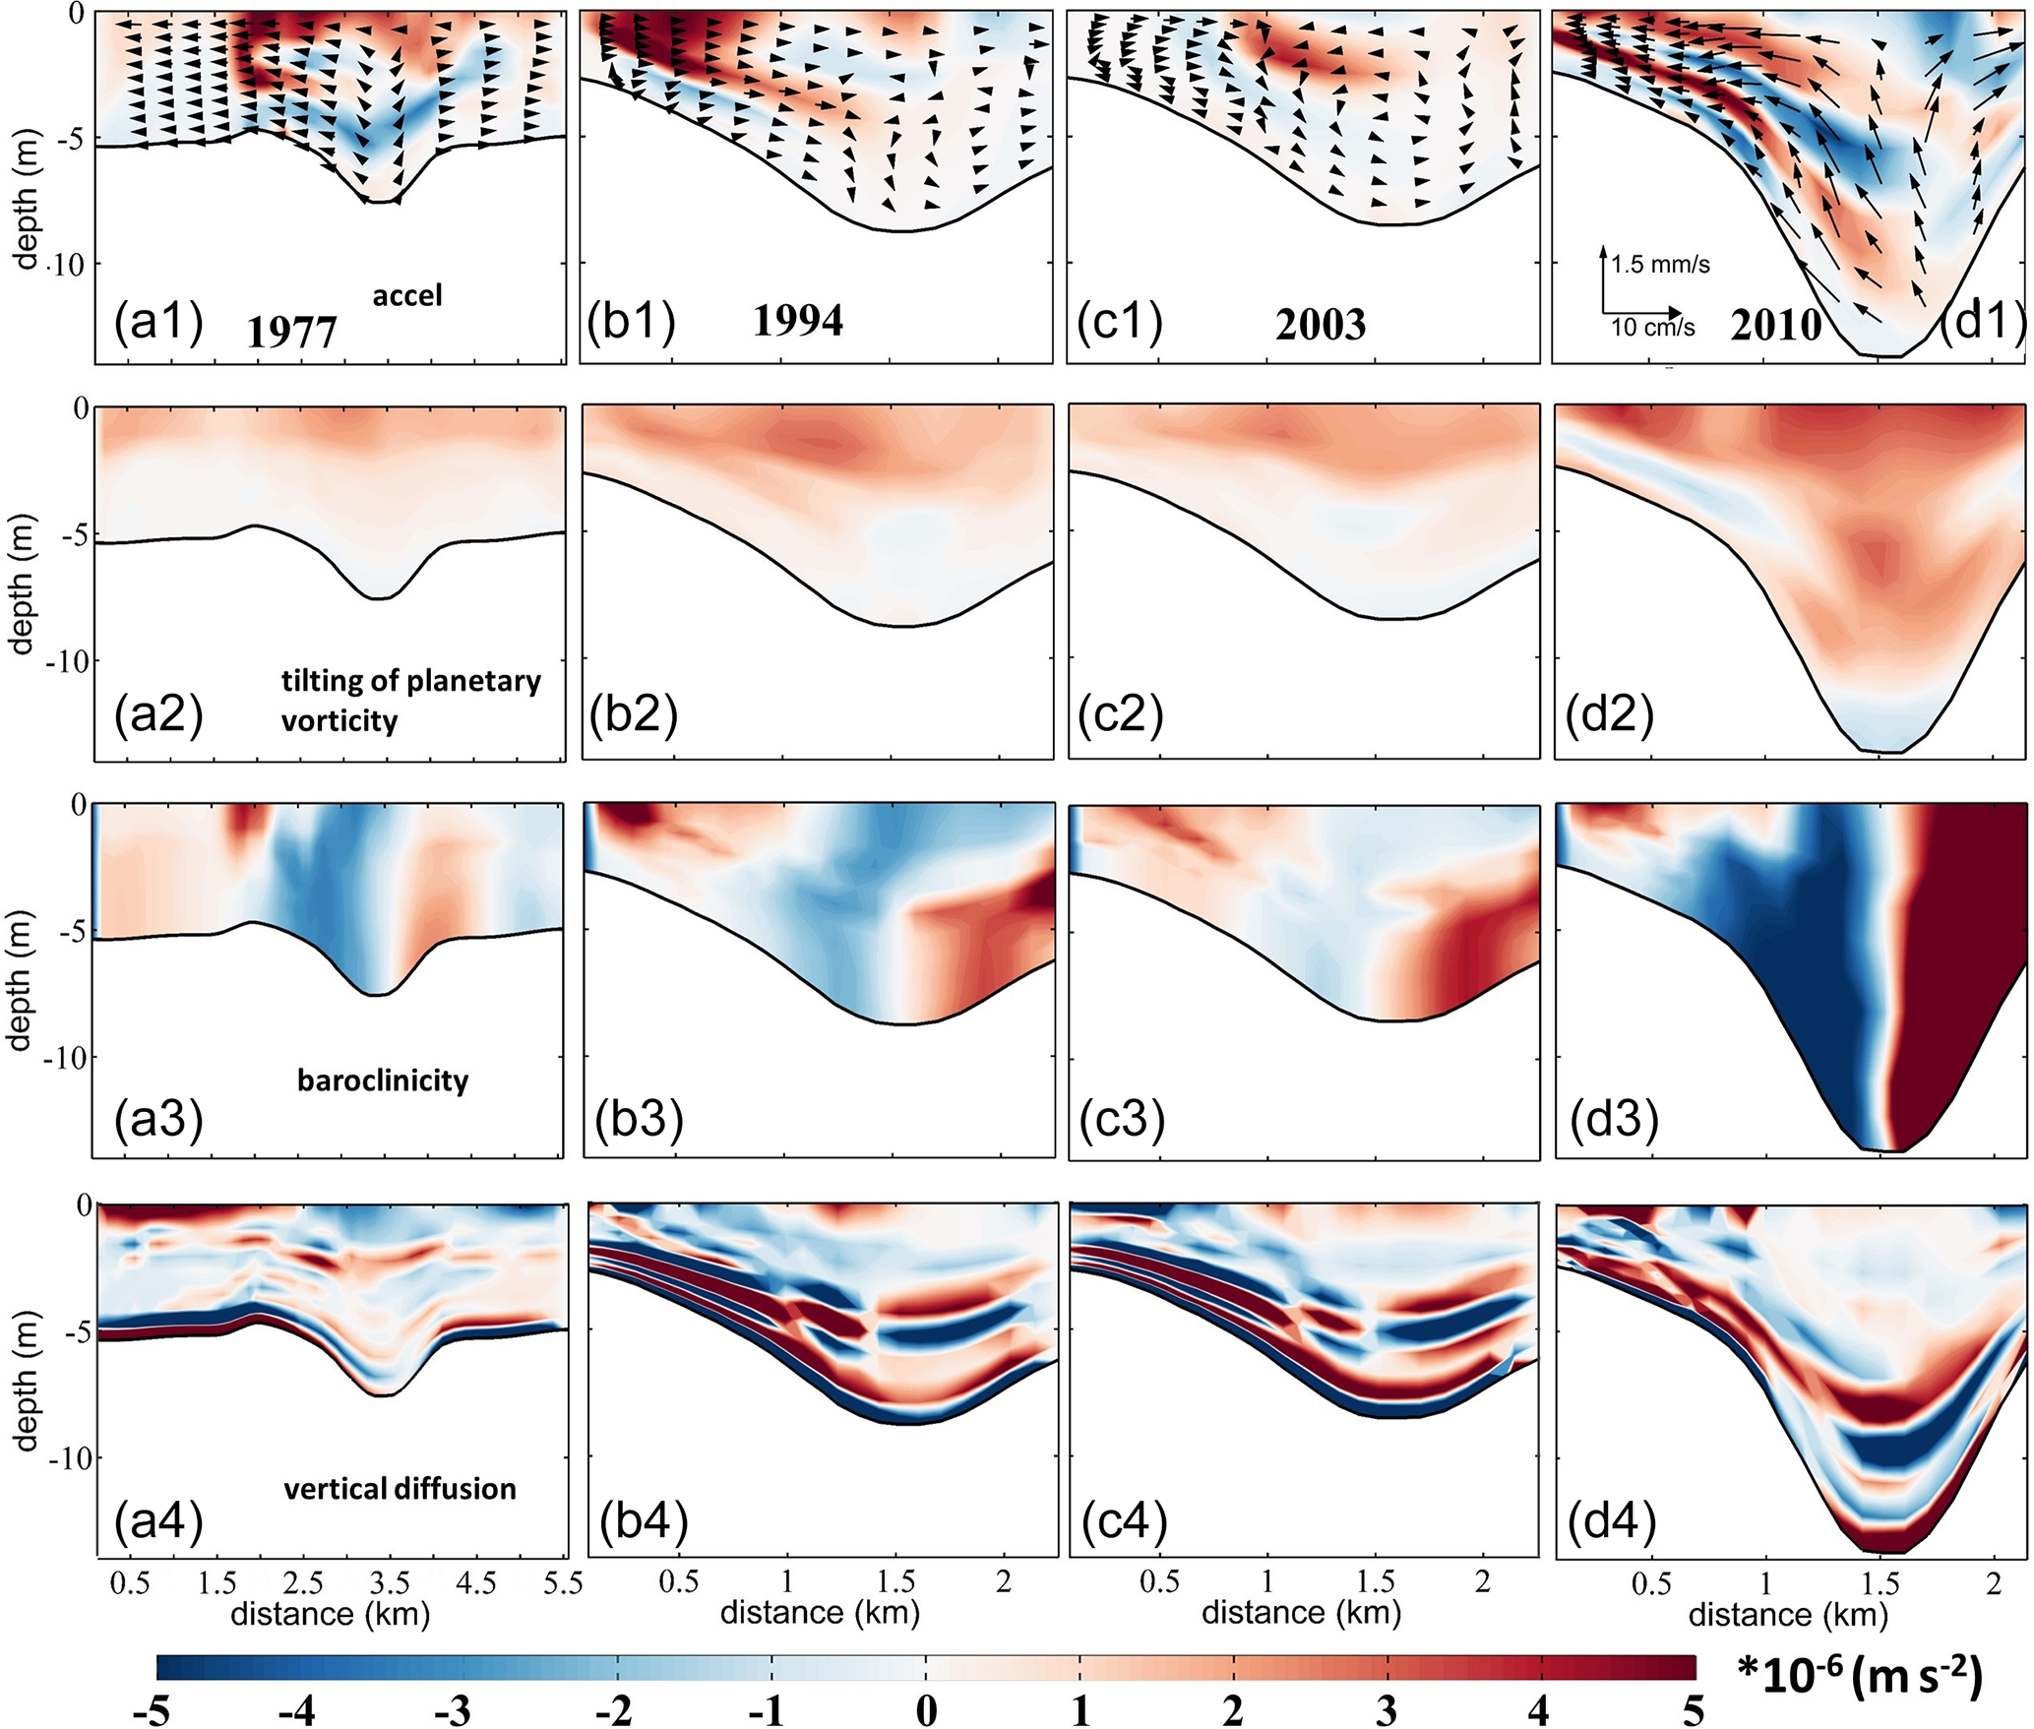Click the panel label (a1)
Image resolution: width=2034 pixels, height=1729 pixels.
pyautogui.click(x=158, y=322)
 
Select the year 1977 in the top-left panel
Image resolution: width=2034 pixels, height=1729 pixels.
pyautogui.click(x=291, y=332)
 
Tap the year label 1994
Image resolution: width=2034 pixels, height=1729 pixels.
pyautogui.click(x=797, y=321)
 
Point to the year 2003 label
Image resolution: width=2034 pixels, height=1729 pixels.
pyautogui.click(x=1321, y=325)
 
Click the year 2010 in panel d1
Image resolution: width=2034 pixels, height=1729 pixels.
pyautogui.click(x=1775, y=326)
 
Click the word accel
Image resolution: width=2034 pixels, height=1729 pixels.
pyautogui.click(x=407, y=295)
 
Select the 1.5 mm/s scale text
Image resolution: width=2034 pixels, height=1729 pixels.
pyautogui.click(x=1660, y=265)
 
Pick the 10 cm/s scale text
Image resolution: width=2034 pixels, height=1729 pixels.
pyautogui.click(x=1652, y=328)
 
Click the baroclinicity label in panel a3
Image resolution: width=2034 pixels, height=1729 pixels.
pyautogui.click(x=383, y=1081)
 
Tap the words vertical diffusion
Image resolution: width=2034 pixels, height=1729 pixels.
pyautogui.click(x=400, y=1489)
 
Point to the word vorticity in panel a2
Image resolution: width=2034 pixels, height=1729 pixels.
pyautogui.click(x=339, y=721)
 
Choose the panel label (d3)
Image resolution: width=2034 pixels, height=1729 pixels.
pyautogui.click(x=1611, y=1118)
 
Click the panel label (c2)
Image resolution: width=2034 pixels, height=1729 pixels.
pyautogui.click(x=1120, y=715)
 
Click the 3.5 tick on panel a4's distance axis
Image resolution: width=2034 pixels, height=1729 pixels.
pyautogui.click(x=390, y=1582)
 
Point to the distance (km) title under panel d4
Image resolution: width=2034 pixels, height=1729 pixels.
pyautogui.click(x=1788, y=1615)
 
